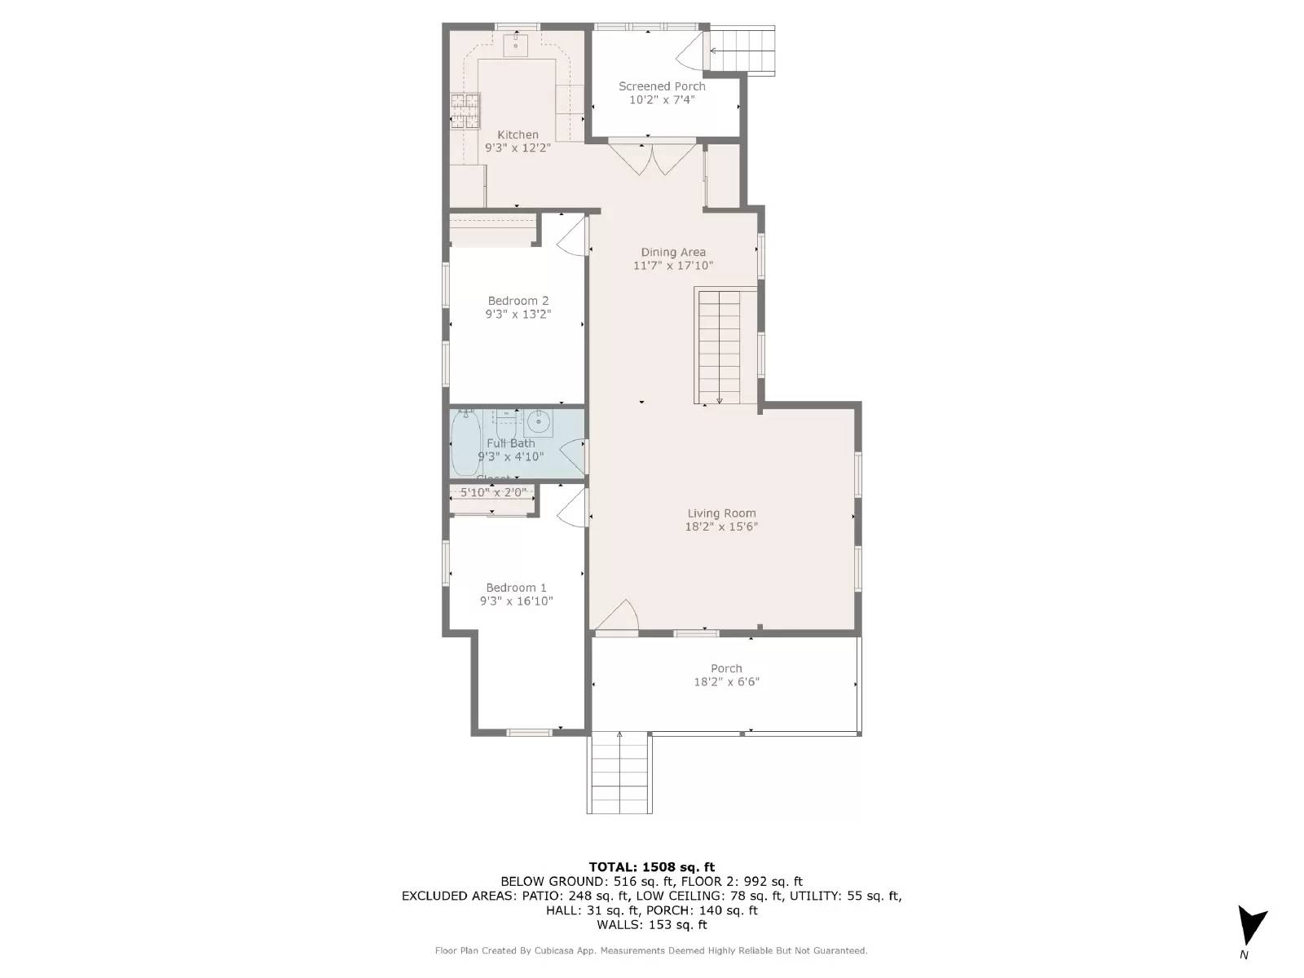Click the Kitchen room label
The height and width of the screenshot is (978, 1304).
(x=518, y=135)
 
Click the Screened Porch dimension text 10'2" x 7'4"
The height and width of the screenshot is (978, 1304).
(x=662, y=100)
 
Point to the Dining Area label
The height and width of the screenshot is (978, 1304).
(x=673, y=253)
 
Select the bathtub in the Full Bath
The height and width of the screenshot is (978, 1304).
(x=466, y=443)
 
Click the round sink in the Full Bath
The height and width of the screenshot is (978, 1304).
(x=538, y=422)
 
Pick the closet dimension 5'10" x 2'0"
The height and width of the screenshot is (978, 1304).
(x=494, y=492)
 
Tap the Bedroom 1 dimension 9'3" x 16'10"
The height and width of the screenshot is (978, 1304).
(x=516, y=601)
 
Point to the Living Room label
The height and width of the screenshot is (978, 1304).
(x=721, y=513)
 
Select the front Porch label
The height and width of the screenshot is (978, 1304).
(x=725, y=668)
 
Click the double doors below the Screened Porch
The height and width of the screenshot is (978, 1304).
(x=653, y=158)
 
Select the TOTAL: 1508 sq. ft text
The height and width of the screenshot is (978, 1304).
(x=651, y=867)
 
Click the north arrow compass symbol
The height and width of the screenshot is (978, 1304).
(x=1250, y=925)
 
